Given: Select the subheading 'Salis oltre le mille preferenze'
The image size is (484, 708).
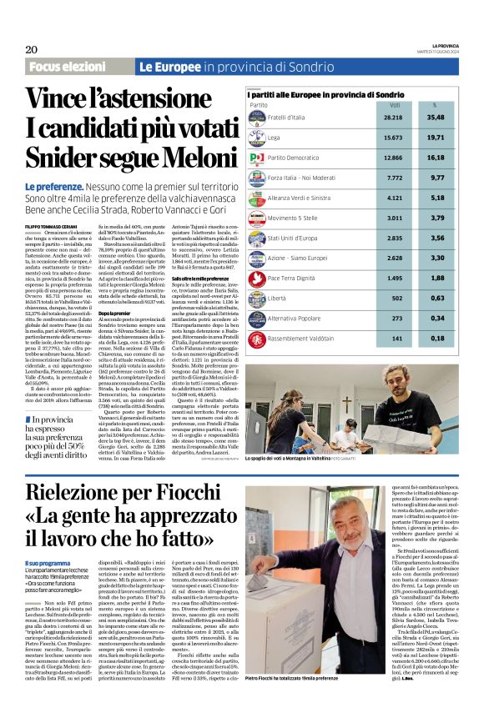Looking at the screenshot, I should (200, 278).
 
